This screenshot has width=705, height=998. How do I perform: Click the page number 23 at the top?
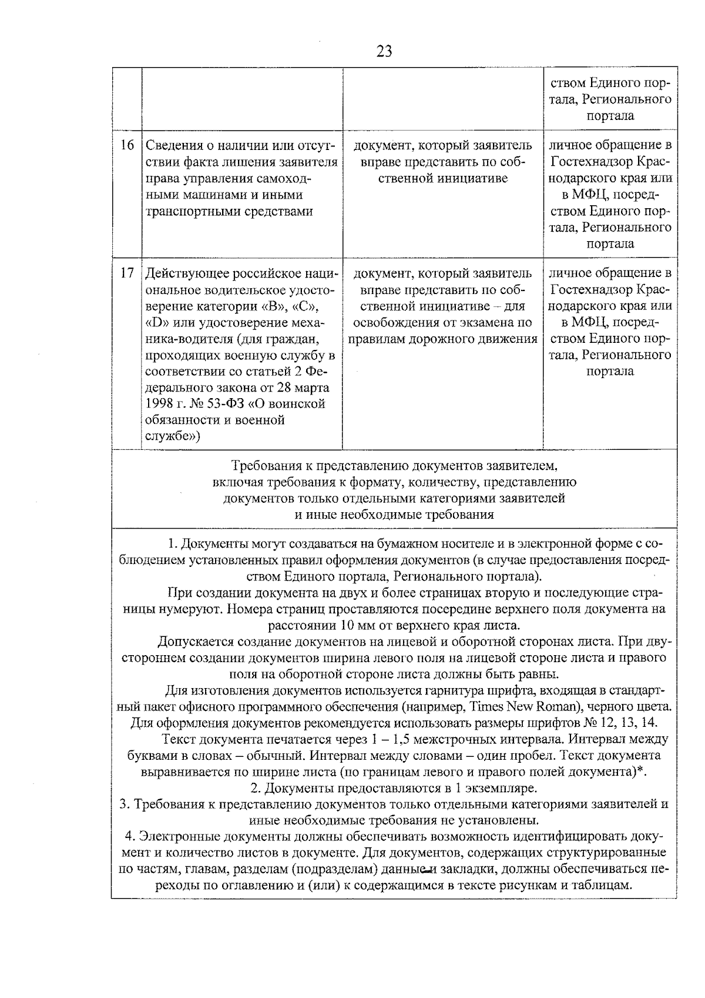(384, 52)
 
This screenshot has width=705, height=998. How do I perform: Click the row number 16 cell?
(127, 145)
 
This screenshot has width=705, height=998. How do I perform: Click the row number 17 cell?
(127, 273)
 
